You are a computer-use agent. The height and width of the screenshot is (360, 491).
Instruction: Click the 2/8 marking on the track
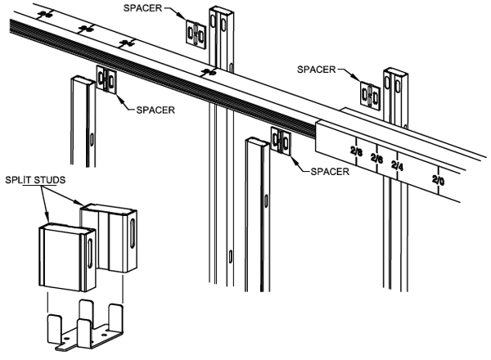[356, 151]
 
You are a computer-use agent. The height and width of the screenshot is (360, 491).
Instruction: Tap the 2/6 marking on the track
[377, 158]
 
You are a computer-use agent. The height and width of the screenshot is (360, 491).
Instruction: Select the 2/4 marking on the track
[398, 166]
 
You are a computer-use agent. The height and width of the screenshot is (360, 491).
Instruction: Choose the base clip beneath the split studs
[85, 326]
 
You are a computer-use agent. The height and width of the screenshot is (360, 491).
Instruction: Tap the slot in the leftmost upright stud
[88, 136]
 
